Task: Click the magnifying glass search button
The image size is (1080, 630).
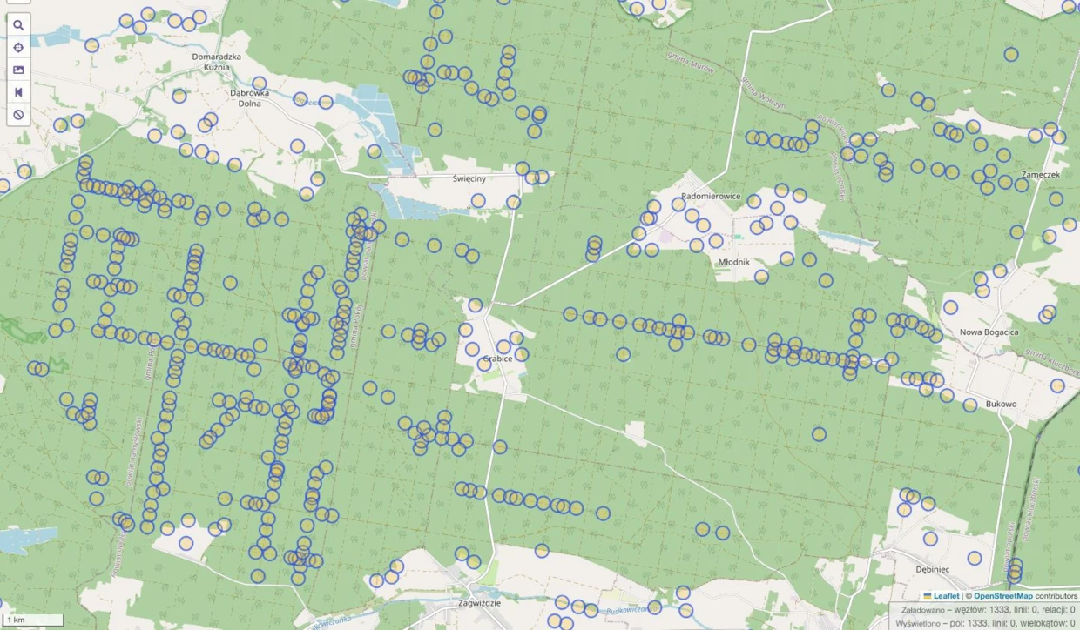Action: coord(18,25)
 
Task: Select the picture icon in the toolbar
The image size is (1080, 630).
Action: coord(18,70)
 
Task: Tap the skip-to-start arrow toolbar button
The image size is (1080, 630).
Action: coord(18,92)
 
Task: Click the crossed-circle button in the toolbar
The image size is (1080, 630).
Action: coord(18,115)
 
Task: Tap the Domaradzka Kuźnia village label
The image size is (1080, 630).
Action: coord(211,62)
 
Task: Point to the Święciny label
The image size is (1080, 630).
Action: coord(469,178)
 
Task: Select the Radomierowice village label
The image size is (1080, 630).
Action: coord(711,197)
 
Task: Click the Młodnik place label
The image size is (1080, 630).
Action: coord(735,261)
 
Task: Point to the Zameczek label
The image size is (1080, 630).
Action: coord(1041,174)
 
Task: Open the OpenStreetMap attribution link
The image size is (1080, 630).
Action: coord(1002,596)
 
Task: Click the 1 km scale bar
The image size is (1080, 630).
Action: coord(32,620)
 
